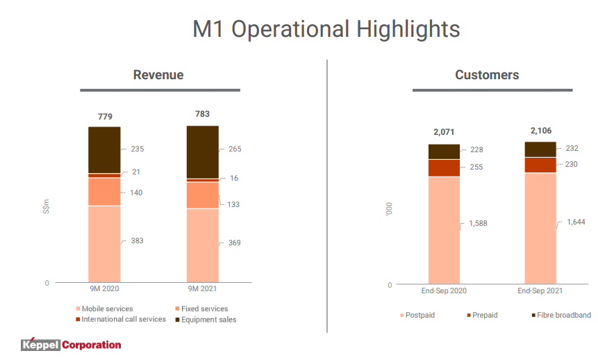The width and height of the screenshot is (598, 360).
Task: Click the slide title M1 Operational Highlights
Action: point(326,29)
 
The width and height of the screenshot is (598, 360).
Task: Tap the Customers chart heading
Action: point(487,75)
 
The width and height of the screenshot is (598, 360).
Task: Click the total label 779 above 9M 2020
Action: point(104,116)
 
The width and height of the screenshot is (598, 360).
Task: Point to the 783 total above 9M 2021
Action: point(202,114)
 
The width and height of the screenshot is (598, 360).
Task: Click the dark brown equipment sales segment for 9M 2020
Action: point(104,149)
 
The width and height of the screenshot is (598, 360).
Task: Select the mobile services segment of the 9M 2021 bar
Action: point(202,243)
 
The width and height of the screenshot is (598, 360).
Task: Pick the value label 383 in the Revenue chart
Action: point(137,240)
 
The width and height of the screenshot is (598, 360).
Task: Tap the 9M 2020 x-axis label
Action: point(104,289)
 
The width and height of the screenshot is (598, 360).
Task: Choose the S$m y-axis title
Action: point(47,206)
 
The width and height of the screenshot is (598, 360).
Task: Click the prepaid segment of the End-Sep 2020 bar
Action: point(444,167)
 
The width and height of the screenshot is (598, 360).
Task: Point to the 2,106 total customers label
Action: point(540,130)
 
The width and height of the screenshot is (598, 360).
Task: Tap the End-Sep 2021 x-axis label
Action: point(540,291)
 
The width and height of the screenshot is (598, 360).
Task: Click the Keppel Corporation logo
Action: point(71,344)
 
